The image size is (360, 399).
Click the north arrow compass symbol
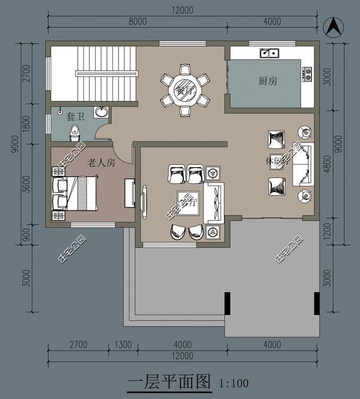333,26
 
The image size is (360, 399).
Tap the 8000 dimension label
137,21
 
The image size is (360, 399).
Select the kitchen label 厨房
268,81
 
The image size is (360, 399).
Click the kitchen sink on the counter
269,53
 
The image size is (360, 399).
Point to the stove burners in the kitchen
307,72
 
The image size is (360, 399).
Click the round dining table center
185,90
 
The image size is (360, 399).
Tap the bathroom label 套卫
75,116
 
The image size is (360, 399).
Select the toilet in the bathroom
75,133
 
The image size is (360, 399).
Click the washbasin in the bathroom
101,112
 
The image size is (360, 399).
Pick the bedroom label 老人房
101,163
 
